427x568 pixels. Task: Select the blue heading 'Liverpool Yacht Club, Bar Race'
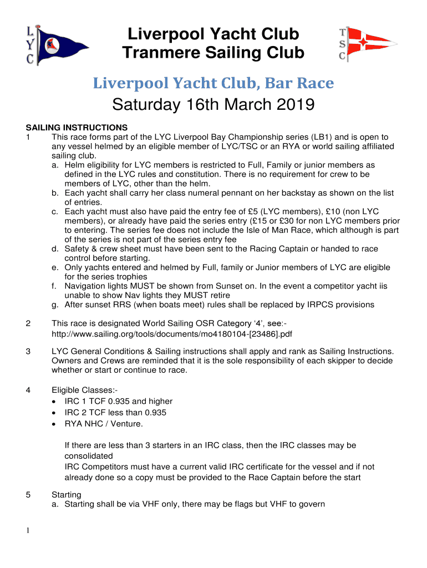coord(213,83)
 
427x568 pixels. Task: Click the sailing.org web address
coord(172,333)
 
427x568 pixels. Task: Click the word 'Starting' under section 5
coord(67,494)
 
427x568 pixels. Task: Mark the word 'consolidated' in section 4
coord(89,455)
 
